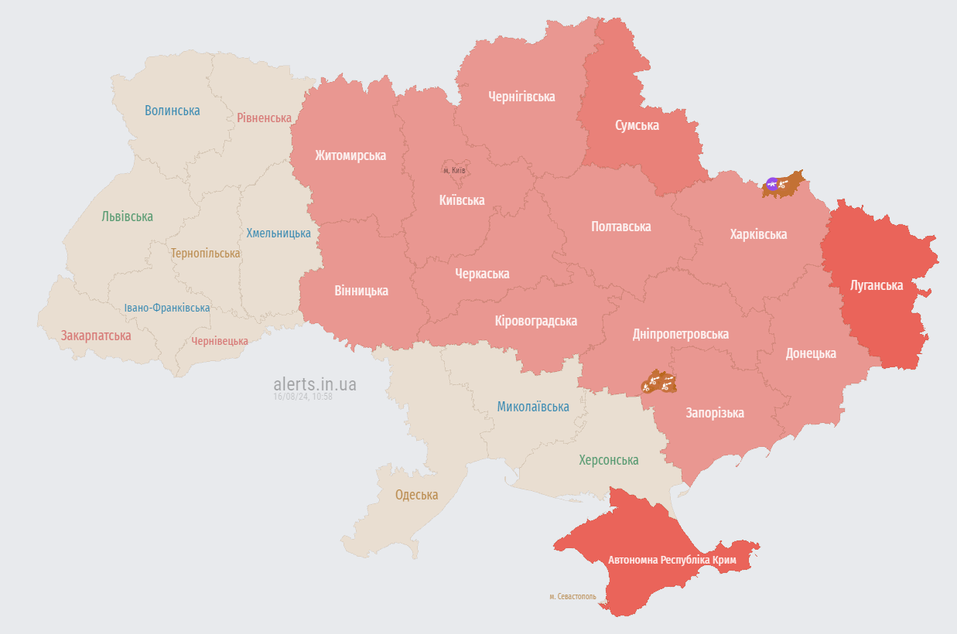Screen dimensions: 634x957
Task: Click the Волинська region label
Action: point(172,111)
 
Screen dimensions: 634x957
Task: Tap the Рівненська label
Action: point(264,118)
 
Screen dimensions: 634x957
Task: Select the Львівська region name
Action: point(127,216)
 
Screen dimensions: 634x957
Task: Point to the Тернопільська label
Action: point(205,253)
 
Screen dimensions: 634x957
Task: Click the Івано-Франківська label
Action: point(167,308)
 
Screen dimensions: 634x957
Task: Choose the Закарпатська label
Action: point(96,336)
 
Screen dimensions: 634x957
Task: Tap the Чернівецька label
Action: point(220,341)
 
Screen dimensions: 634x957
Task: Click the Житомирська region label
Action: point(350,155)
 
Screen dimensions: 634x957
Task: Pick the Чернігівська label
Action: point(521,97)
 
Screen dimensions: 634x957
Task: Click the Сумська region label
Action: point(637,125)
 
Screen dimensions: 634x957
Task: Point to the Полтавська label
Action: point(620,227)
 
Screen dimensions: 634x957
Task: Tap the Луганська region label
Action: point(876,285)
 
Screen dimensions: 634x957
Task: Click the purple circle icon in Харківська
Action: point(771,183)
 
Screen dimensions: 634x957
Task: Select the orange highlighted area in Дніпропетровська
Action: point(658,382)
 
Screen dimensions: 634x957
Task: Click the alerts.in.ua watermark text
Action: point(315,383)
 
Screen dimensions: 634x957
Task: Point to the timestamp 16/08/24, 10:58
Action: point(302,397)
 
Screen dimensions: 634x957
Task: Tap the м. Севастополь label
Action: point(572,597)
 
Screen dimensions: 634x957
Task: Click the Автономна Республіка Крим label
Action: point(672,559)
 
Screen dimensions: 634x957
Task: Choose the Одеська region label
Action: point(416,495)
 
